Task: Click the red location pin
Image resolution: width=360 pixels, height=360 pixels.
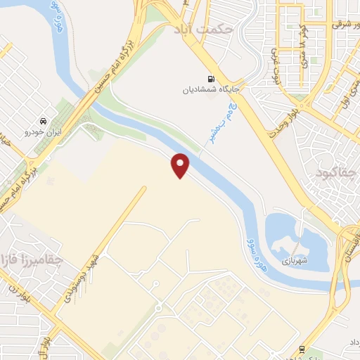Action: click(181, 165)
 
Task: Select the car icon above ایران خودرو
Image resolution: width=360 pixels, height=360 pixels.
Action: click(44, 120)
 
